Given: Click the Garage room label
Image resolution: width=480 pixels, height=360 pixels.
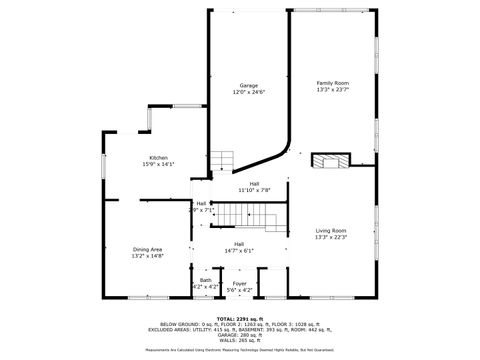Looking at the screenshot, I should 248,86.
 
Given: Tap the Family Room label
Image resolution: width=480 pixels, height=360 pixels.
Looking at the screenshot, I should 333,83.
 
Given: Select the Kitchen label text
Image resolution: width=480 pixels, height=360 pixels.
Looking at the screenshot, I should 159,158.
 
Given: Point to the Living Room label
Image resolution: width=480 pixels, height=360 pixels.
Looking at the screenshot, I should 331,230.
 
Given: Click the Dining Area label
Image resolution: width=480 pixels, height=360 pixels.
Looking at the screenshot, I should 147,249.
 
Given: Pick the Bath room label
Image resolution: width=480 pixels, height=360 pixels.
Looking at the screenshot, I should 205,280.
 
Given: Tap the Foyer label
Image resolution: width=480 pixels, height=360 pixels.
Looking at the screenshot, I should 239,283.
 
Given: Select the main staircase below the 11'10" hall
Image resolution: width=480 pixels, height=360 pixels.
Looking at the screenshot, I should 241,213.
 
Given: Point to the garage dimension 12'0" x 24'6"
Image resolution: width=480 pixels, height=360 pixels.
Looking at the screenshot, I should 248,92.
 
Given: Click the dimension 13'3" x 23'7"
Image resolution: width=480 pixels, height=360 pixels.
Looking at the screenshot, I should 333,90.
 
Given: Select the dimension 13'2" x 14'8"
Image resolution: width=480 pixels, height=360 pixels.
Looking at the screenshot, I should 147,256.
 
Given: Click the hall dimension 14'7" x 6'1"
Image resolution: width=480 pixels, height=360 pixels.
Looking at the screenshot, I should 240,250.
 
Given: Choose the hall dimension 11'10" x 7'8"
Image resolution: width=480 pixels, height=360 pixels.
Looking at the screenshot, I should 254,190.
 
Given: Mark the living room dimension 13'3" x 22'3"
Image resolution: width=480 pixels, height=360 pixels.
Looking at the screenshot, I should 331,237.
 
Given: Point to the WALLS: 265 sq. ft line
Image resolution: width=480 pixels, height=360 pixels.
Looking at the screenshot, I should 240,342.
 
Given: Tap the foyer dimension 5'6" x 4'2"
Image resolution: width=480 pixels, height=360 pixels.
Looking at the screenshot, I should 239,289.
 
